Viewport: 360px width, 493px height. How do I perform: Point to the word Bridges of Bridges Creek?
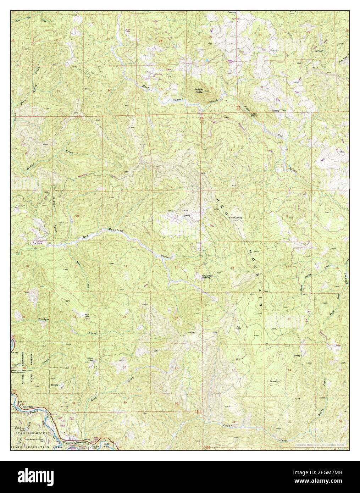(x=44, y=320)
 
